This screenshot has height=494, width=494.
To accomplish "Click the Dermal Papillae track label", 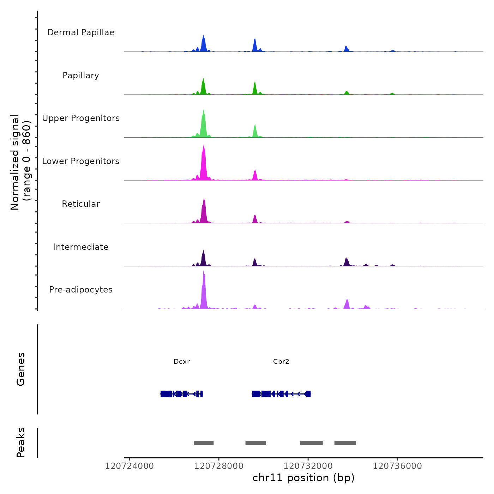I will point(81,32).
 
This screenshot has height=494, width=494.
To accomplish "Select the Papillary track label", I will point(81,76).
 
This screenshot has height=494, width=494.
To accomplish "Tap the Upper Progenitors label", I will point(81,118).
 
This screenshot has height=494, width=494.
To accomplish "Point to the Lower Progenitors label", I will point(81,161).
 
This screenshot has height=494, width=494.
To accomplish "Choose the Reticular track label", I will point(81,204).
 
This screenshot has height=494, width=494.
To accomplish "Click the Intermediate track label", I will point(81,247).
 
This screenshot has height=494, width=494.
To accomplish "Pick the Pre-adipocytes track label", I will point(81,290).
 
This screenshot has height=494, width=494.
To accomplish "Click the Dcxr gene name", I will point(182,362).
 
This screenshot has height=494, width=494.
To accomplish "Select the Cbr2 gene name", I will point(281,362).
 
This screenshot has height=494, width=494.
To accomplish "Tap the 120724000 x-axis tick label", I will point(129,466).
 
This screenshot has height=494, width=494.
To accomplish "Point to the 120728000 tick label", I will point(219,466).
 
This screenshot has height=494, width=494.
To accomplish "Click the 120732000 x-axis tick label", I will point(308,466).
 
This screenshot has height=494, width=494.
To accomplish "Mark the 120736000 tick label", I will point(397,466).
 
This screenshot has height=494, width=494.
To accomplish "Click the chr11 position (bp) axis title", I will point(303,478).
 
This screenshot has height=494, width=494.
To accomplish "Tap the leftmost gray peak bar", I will point(204,443).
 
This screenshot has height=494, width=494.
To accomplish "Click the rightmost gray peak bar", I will point(345,443).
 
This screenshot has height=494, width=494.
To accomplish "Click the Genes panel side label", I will point(21,369).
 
